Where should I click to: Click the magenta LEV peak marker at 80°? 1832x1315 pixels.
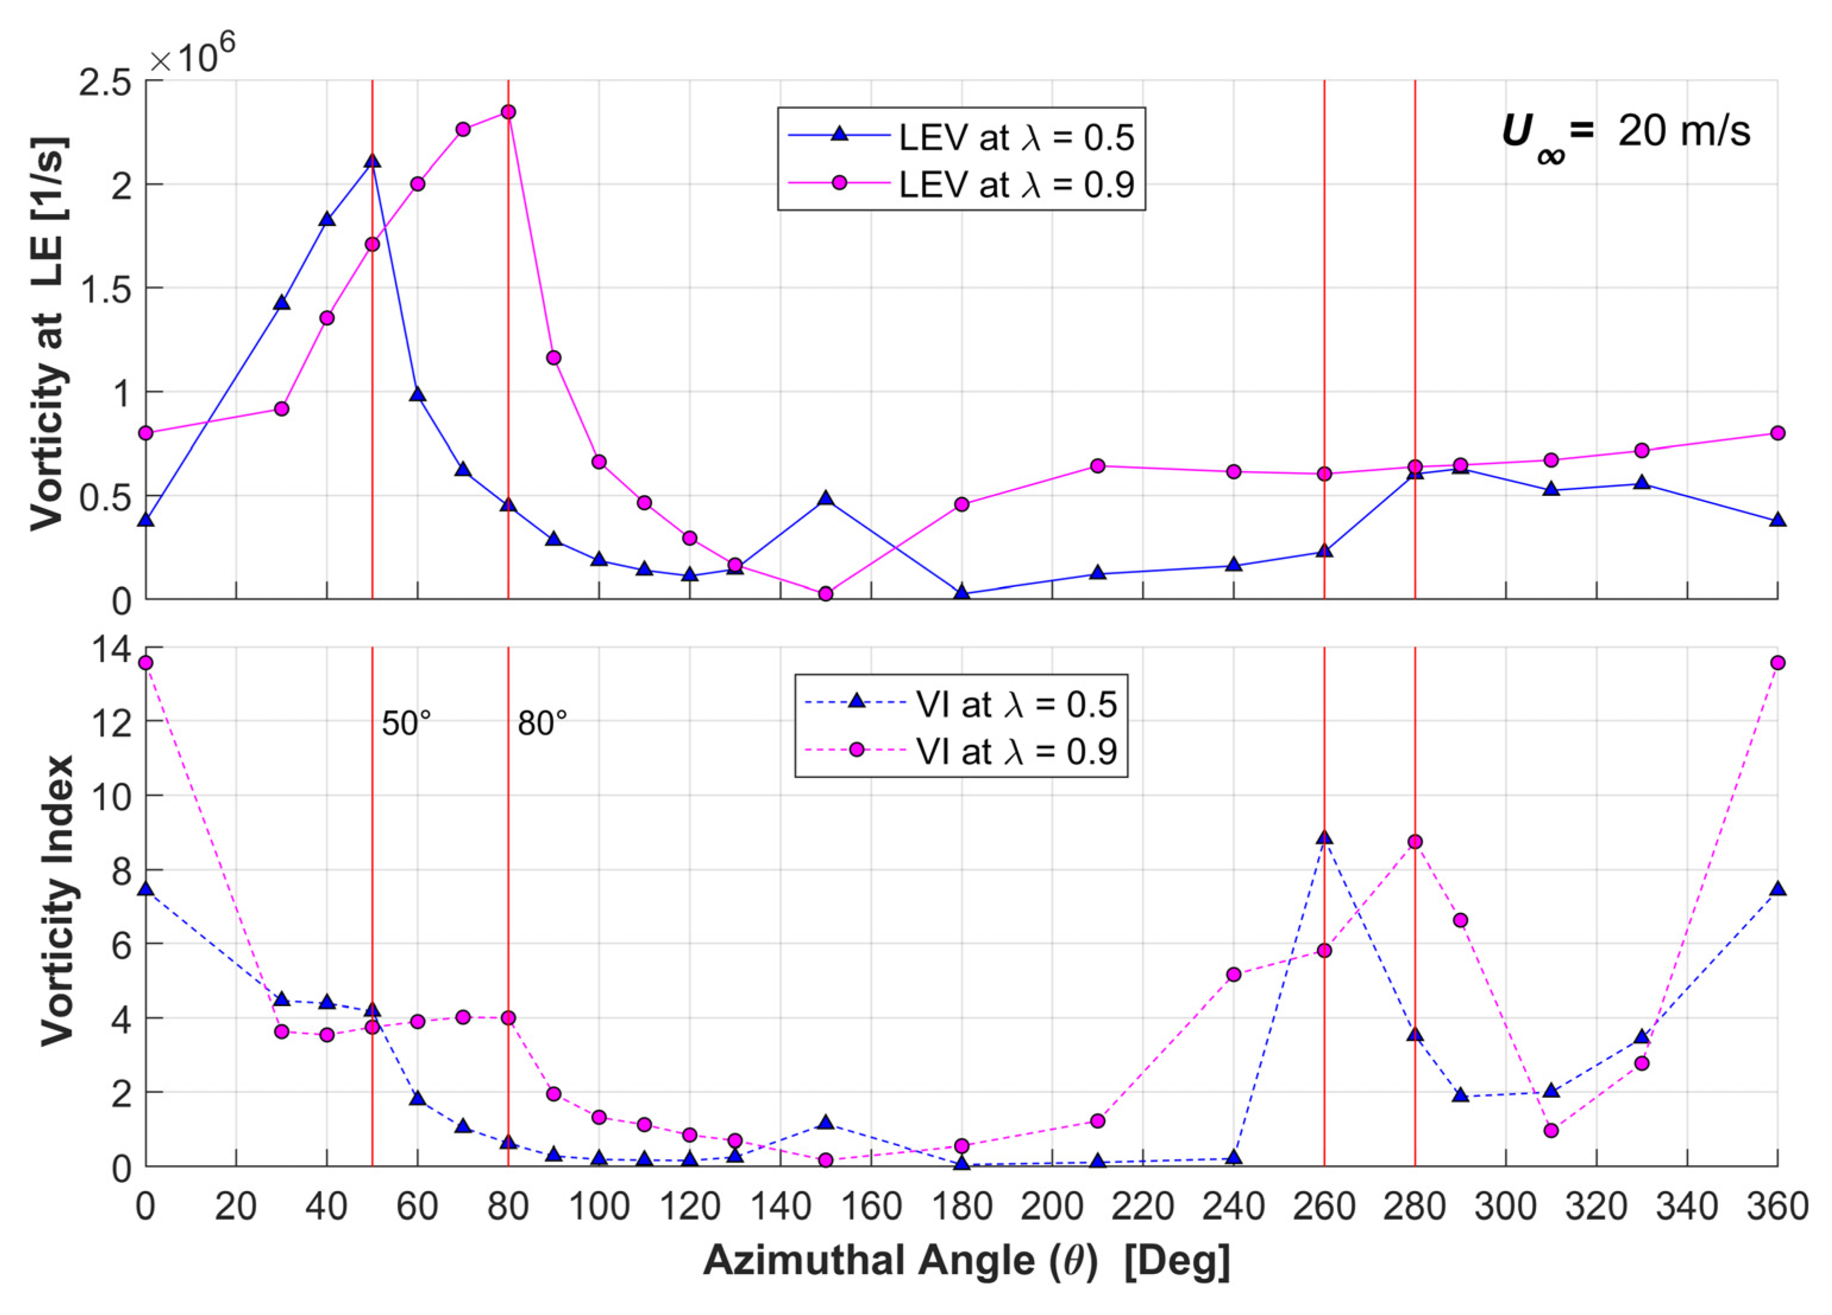508,111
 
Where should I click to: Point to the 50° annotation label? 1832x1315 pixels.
406,723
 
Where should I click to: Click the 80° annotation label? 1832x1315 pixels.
542,723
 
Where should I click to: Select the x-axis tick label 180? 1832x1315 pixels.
961,1207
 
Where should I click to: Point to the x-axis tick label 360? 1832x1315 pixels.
1777,1207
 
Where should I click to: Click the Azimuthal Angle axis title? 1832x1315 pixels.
966,1260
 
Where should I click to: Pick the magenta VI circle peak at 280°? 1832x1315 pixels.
1415,842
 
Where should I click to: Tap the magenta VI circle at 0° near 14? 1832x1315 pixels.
145,663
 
